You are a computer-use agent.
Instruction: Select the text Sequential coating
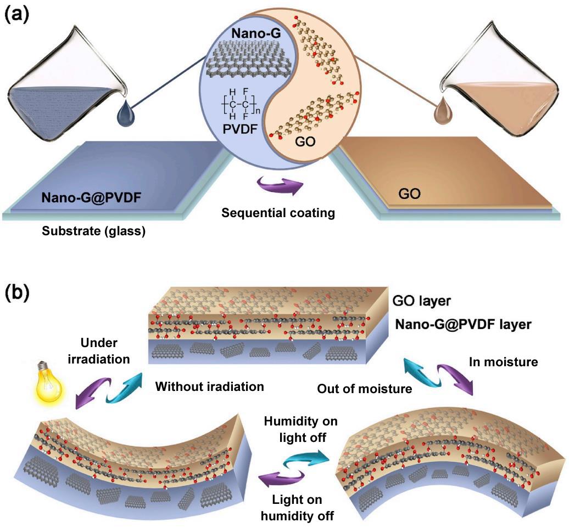278,212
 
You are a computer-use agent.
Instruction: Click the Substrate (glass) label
93,231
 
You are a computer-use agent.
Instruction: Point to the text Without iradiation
210,387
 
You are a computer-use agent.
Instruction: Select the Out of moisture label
365,389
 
